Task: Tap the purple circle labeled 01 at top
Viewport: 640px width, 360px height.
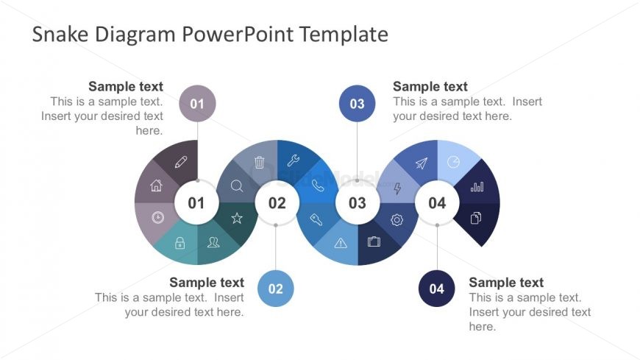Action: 197,104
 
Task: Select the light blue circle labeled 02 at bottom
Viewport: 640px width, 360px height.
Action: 276,289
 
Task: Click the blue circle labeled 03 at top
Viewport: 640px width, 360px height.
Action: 357,104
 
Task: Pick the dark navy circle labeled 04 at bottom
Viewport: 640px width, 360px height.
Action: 437,289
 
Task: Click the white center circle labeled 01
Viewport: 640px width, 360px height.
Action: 196,202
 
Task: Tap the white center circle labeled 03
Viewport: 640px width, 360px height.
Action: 357,202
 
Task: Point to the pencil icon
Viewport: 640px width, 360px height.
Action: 181,162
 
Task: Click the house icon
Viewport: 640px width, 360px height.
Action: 156,186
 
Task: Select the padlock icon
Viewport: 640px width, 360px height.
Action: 179,242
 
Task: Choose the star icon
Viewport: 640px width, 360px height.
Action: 237,218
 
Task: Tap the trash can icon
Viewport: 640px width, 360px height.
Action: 259,162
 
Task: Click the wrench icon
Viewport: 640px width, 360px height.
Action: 293,160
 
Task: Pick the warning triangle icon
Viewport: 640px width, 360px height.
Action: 341,243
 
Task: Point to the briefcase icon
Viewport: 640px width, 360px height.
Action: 374,241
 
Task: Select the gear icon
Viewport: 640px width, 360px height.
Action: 397,219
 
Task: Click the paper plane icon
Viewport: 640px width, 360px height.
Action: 421,163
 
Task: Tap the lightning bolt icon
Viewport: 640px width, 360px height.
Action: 397,188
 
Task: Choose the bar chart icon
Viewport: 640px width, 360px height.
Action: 477,186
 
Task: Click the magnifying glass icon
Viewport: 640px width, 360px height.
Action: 237,186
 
